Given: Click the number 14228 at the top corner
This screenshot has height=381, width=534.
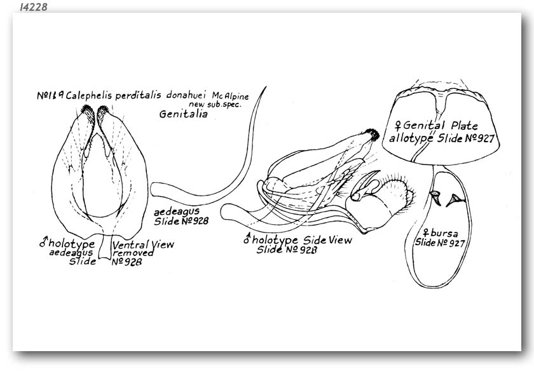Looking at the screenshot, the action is click(33, 7).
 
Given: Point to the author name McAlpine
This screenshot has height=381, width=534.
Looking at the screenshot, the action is click(230, 96).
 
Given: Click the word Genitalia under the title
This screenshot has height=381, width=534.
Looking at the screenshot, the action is click(183, 114).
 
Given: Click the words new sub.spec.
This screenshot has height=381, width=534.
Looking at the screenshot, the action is click(215, 104).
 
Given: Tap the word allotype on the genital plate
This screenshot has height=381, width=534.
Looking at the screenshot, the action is click(411, 138).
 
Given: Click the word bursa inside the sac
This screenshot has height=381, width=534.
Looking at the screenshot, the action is click(444, 234).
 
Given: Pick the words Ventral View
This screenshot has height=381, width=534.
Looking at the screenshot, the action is click(144, 244).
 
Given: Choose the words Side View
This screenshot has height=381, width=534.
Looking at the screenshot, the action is click(327, 240).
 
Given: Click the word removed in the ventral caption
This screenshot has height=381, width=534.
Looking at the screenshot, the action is click(133, 253).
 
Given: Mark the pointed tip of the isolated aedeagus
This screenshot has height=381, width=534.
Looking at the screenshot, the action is click(265, 88).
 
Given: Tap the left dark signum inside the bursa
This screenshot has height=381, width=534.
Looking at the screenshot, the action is click(435, 197).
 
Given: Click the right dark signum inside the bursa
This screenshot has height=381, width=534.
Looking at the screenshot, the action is click(455, 199).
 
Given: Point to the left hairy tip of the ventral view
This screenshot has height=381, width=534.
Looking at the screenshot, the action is click(88, 113).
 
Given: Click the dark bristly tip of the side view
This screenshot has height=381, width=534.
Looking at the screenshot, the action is click(373, 135).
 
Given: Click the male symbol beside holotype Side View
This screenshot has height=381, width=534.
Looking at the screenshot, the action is click(247, 238).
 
